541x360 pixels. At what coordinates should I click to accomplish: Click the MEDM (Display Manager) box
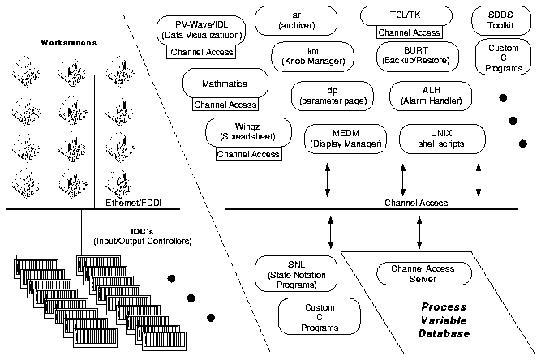point(346,139)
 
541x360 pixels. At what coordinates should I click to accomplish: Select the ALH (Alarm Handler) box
point(431,96)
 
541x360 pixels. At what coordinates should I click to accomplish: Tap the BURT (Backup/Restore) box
point(418,57)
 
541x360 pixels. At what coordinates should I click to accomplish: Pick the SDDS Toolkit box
point(501,20)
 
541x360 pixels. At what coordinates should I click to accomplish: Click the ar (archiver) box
point(296,20)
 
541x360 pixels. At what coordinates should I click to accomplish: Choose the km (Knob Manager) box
point(312,57)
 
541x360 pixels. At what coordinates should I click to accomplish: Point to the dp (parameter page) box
point(333,96)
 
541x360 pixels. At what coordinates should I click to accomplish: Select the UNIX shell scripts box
point(442,139)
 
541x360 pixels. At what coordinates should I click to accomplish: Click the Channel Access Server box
point(424,273)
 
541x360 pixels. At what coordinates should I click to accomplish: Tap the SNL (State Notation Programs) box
point(296,273)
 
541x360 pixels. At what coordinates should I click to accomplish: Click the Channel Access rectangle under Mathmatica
point(225,105)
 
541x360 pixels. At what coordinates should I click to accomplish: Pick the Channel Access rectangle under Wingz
point(248,154)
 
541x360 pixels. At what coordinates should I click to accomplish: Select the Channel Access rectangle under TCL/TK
point(410,32)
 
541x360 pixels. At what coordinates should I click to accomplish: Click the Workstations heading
point(69,43)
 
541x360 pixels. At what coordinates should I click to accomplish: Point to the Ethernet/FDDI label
point(133,203)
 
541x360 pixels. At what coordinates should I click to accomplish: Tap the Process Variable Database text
point(444,320)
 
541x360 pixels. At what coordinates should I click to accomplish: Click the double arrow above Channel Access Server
point(419,233)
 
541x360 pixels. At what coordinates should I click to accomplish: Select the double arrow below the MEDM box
point(328,180)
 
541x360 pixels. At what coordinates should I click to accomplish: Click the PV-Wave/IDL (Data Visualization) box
point(201,30)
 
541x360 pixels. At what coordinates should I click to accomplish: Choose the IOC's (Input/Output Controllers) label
point(143,236)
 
